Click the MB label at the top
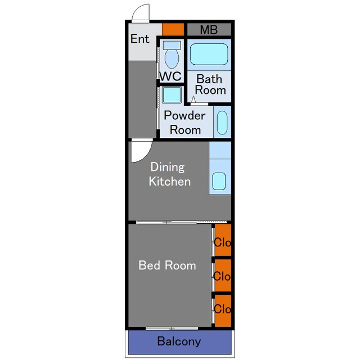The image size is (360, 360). pyautogui.click(x=209, y=30)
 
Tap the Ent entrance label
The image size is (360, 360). pyautogui.click(x=140, y=39)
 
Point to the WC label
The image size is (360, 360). pyautogui.click(x=170, y=76)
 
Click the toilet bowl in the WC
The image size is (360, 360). pyautogui.click(x=172, y=58)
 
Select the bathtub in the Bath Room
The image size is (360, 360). pyautogui.click(x=209, y=54)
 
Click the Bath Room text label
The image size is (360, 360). pyautogui.click(x=210, y=84)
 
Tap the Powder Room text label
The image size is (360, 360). pyautogui.click(x=185, y=123)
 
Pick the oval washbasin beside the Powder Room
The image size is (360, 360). pyautogui.click(x=222, y=123)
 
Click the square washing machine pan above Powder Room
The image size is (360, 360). pyautogui.click(x=172, y=95)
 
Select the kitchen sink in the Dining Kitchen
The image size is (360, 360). pyautogui.click(x=219, y=181)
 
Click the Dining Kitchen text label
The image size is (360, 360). pyautogui.click(x=170, y=174)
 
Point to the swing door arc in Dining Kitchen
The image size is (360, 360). pyautogui.click(x=146, y=156)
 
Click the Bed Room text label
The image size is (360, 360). pyautogui.click(x=167, y=265)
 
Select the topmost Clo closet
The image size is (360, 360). pyautogui.click(x=223, y=240)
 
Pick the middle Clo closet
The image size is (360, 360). pyautogui.click(x=223, y=276)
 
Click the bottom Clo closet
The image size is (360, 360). pyautogui.click(x=223, y=310)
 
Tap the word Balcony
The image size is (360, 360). pyautogui.click(x=179, y=341)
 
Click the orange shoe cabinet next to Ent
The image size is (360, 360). pyautogui.click(x=173, y=29)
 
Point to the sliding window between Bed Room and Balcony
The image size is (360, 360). pyautogui.click(x=172, y=328)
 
